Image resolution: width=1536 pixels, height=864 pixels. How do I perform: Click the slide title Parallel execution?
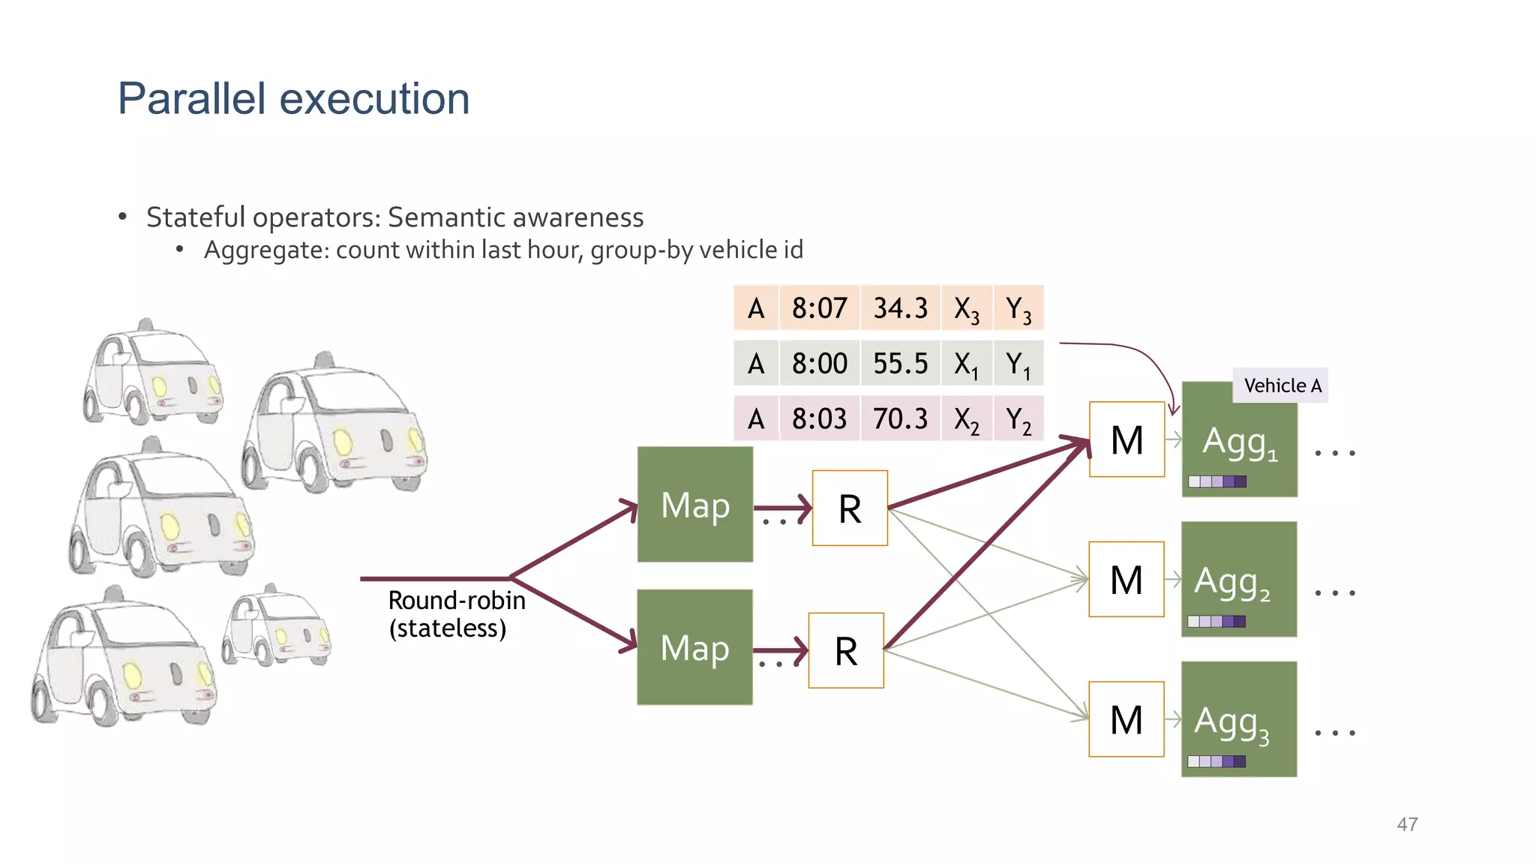point(293,99)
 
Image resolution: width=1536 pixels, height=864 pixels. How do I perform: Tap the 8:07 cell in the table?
point(819,308)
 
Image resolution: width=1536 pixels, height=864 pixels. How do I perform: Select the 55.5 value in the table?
point(900,364)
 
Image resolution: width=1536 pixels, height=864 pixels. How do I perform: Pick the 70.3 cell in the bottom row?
point(900,418)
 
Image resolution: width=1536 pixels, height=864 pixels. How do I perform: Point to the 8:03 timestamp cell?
point(819,418)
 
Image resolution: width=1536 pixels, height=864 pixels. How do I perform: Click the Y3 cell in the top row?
point(1018,308)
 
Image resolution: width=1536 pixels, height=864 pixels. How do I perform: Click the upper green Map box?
point(695,505)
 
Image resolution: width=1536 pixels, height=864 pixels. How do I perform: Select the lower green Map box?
point(694,647)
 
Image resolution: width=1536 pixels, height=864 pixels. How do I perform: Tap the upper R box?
point(850,508)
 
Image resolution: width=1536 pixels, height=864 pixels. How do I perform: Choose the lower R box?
point(846,650)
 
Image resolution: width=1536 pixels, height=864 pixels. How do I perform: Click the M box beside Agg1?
point(1126,439)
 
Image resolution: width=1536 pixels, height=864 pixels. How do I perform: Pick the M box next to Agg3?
point(1126,719)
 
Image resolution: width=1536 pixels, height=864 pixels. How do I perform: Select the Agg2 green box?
point(1238,579)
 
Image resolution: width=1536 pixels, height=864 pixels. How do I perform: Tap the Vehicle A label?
point(1281,385)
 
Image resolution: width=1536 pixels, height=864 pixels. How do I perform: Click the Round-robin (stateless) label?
point(455,614)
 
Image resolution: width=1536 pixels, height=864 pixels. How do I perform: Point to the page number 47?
point(1407,824)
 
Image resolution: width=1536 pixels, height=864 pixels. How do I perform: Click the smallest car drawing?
point(275,626)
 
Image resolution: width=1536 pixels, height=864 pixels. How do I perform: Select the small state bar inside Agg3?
point(1216,761)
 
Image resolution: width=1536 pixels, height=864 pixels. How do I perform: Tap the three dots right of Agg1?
point(1334,453)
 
